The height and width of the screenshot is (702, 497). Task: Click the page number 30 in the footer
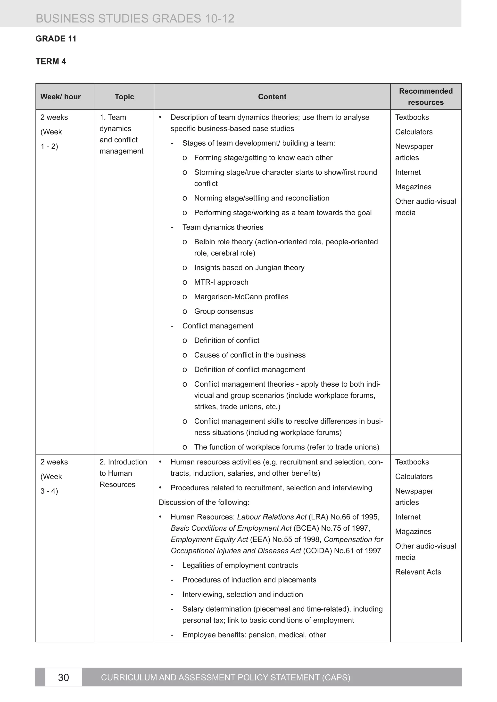click(63, 677)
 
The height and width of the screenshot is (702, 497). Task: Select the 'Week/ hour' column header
click(61, 97)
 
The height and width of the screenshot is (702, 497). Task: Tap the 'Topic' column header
click(124, 97)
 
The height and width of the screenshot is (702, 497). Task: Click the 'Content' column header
click(272, 97)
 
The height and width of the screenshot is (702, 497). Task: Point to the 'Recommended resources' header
click(426, 97)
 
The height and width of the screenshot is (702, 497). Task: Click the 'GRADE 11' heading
click(56, 39)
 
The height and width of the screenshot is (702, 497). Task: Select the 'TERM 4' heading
click(51, 62)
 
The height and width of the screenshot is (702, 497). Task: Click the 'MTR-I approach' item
click(221, 282)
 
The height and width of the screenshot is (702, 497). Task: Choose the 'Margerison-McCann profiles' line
click(241, 297)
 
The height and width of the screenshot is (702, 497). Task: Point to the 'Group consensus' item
click(224, 311)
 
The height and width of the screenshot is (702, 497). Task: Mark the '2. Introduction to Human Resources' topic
click(123, 473)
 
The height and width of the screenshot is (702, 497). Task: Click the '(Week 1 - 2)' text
click(51, 139)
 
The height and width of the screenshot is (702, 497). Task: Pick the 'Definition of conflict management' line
click(249, 370)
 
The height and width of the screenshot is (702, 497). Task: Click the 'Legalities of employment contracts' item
click(240, 565)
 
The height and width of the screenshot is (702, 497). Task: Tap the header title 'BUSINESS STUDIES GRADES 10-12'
click(135, 19)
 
